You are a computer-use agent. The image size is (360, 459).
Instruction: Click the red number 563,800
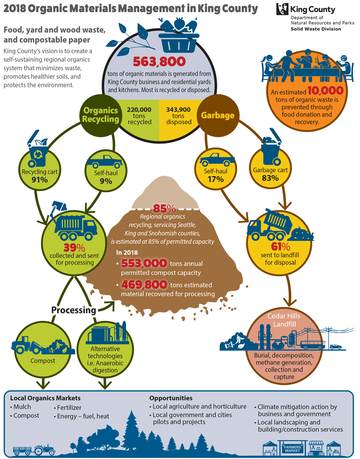click(159, 61)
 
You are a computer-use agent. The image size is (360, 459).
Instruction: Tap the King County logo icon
click(282, 9)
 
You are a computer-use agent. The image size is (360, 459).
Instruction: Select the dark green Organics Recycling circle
click(100, 115)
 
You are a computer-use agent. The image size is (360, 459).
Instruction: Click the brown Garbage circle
click(218, 115)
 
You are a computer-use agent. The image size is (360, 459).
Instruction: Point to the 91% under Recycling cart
click(40, 179)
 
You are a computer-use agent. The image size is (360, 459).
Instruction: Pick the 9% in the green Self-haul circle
click(106, 181)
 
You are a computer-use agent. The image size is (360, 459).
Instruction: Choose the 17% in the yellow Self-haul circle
click(216, 179)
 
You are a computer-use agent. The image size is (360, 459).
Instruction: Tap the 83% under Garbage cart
click(270, 177)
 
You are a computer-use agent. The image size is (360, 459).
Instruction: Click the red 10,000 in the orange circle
click(325, 91)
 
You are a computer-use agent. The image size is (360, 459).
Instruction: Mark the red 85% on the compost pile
click(164, 209)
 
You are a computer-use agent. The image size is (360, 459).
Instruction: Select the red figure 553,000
click(144, 263)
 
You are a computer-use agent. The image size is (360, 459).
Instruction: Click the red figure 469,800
click(144, 284)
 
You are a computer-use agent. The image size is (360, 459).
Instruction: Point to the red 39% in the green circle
click(74, 248)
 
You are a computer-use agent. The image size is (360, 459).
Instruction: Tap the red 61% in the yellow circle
click(280, 246)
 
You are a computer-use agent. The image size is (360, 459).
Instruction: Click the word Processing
click(74, 310)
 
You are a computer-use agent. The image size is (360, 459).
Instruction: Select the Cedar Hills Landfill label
click(284, 320)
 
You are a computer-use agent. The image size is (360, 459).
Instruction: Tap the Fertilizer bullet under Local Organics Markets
click(67, 408)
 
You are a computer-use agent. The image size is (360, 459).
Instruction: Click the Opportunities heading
click(171, 398)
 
